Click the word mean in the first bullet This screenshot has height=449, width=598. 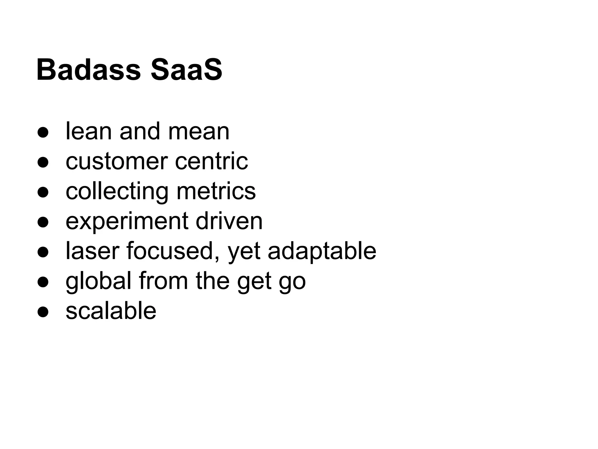tap(199, 132)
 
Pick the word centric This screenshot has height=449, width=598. tap(211, 161)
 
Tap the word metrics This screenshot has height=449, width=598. tap(216, 191)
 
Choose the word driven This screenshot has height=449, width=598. tap(229, 221)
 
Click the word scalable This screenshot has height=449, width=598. tap(111, 311)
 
